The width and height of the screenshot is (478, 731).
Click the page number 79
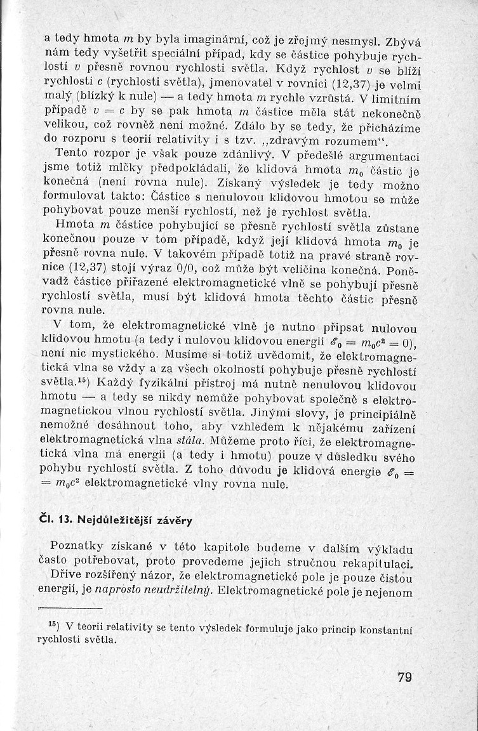pyautogui.click(x=404, y=677)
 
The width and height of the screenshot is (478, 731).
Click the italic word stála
pyautogui.click(x=189, y=438)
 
